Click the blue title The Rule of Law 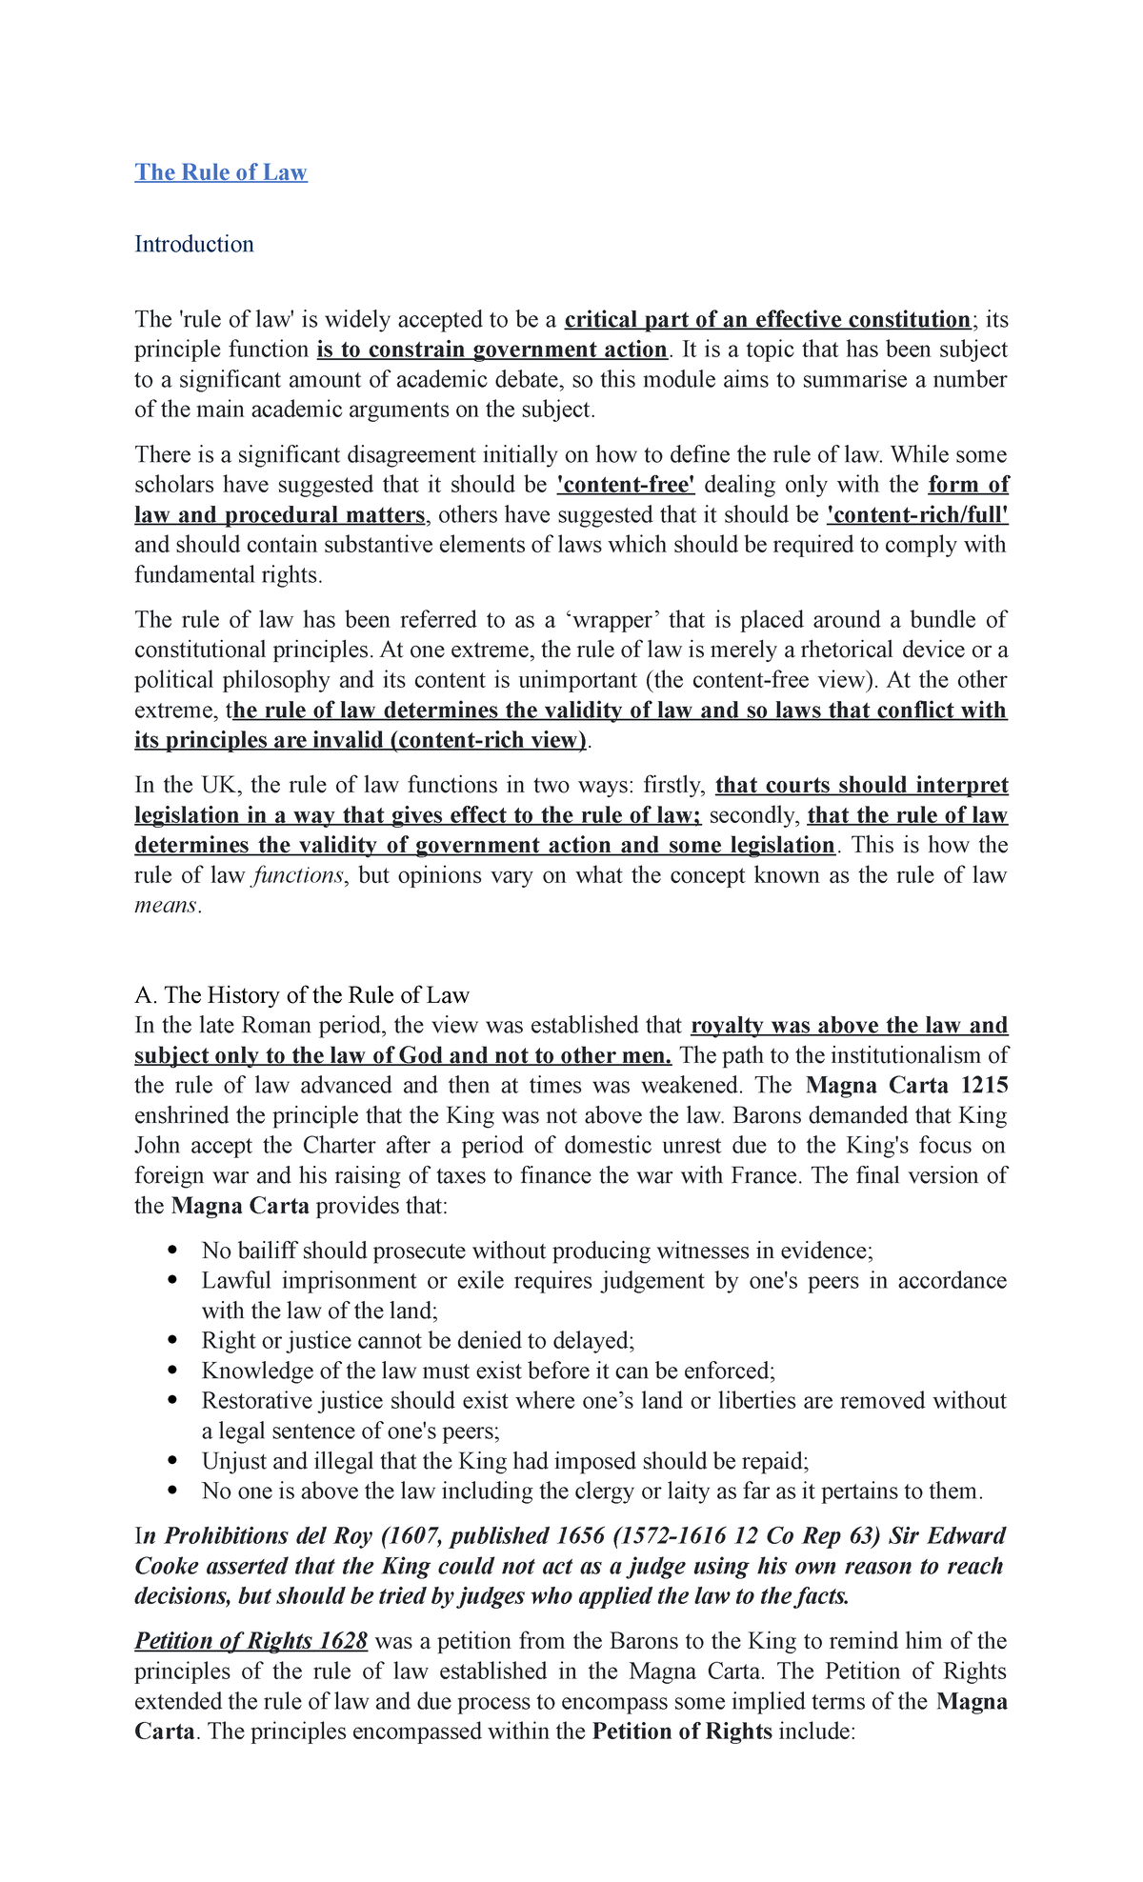coord(220,172)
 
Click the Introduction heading coord(194,245)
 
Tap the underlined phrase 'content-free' coord(626,485)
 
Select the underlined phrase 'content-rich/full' coord(917,515)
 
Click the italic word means coord(166,906)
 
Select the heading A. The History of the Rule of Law coord(302,995)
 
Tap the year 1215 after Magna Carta coord(984,1086)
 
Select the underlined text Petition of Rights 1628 coord(251,1641)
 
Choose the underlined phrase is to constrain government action coord(491,350)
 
